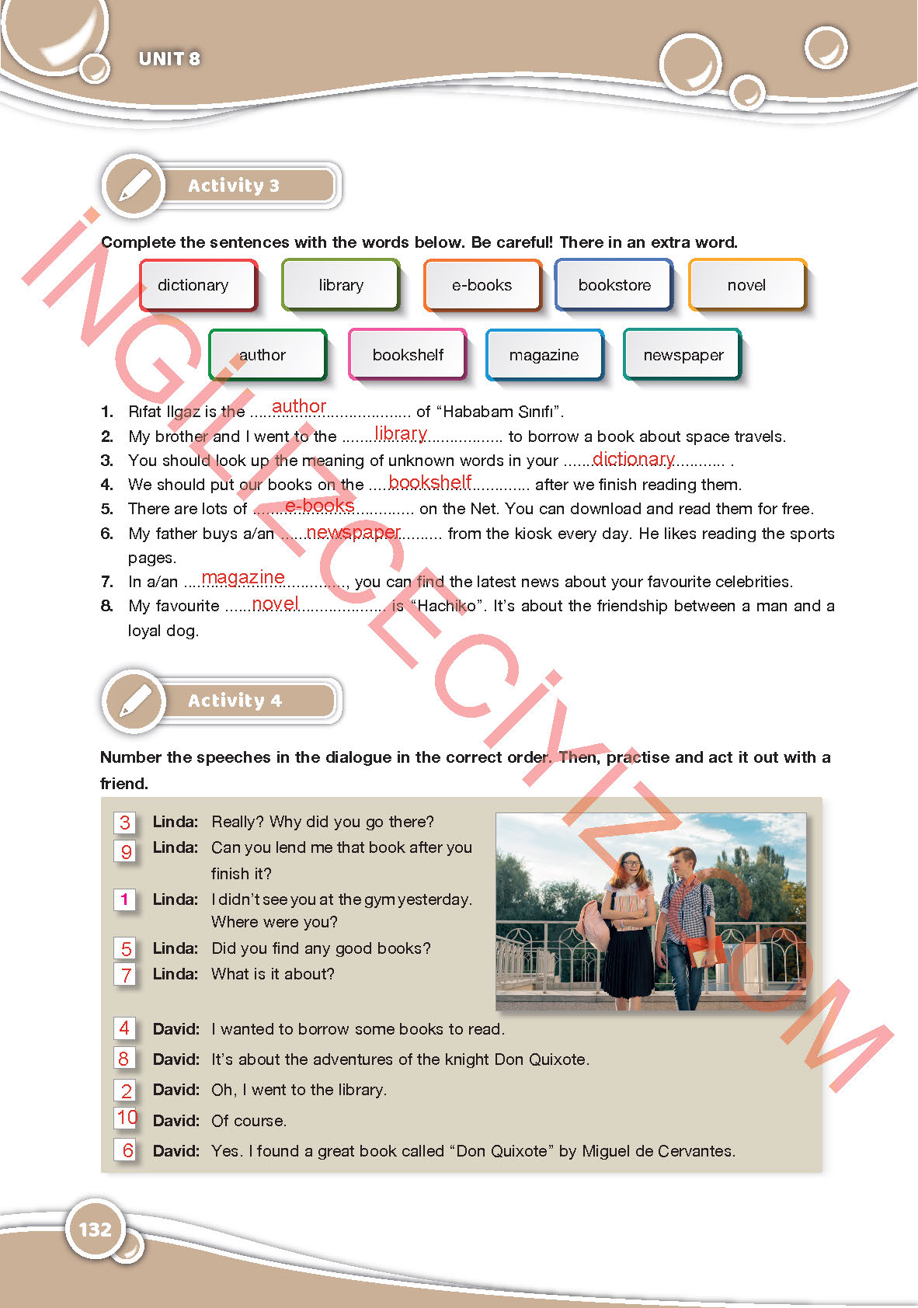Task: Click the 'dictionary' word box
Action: [x=197, y=285]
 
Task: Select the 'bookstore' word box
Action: [x=614, y=285]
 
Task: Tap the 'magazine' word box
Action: [x=544, y=355]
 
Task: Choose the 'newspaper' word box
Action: [x=683, y=355]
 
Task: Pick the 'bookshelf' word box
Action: [x=408, y=355]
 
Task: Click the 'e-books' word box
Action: [x=482, y=285]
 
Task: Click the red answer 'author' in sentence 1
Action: [x=299, y=406]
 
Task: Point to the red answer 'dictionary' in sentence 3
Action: [x=633, y=459]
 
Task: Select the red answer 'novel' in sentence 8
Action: [x=275, y=604]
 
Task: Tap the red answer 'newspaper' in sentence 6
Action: [x=353, y=532]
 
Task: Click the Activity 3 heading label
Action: [x=234, y=186]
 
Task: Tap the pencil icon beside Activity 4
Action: [x=135, y=701]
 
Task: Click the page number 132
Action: [x=96, y=1229]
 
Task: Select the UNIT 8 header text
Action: [x=169, y=59]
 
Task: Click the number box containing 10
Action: [x=127, y=1118]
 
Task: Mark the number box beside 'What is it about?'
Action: [x=126, y=974]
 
